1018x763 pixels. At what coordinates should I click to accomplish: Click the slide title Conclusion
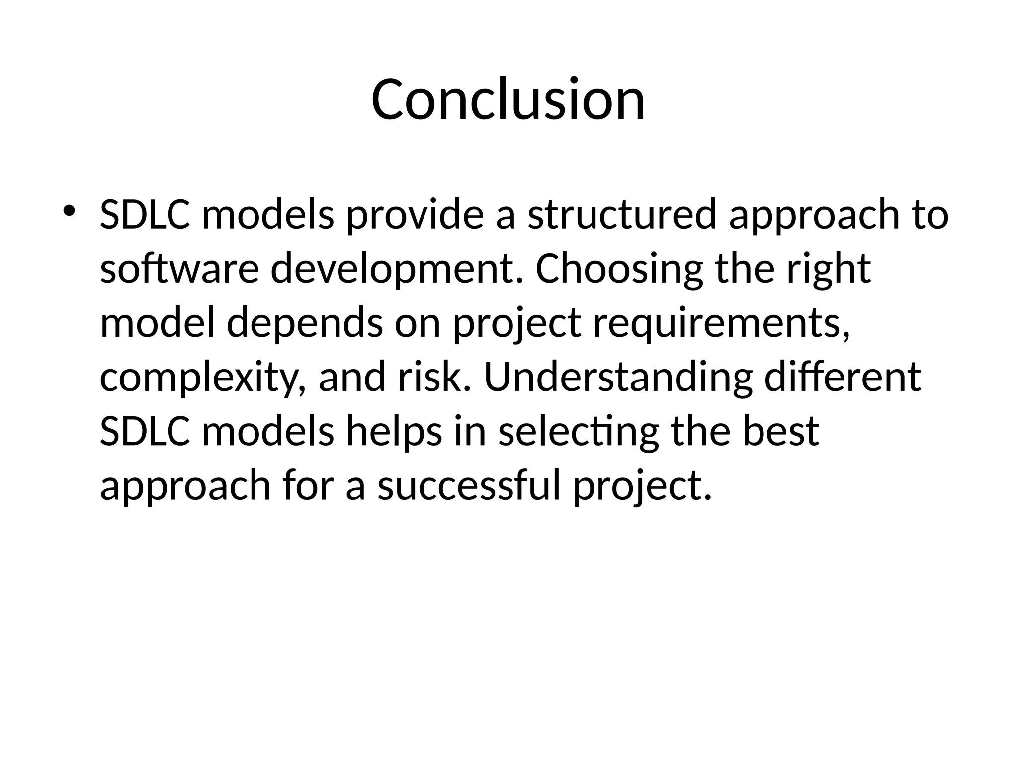508,99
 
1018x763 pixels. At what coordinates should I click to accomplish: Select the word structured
622,215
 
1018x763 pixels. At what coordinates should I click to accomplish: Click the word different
843,378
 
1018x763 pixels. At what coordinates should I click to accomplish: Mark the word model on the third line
158,323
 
